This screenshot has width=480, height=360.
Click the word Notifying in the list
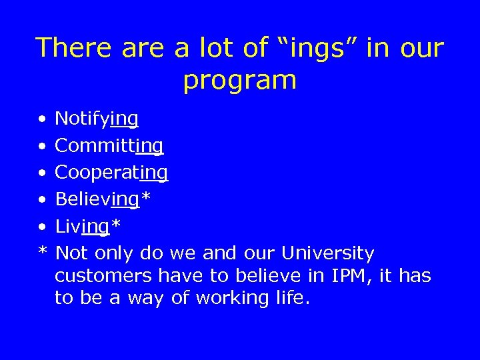coord(97,119)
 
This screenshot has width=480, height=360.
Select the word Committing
coord(109,146)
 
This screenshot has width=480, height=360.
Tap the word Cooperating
coord(111,173)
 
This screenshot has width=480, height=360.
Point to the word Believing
coord(96,199)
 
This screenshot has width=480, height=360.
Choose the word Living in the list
coord(81,227)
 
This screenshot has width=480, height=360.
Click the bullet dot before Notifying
coord(41,121)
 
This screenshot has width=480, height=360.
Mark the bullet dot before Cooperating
coord(41,174)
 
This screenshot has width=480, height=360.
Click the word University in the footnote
coord(328,254)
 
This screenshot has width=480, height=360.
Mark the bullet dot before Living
coord(41,227)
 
